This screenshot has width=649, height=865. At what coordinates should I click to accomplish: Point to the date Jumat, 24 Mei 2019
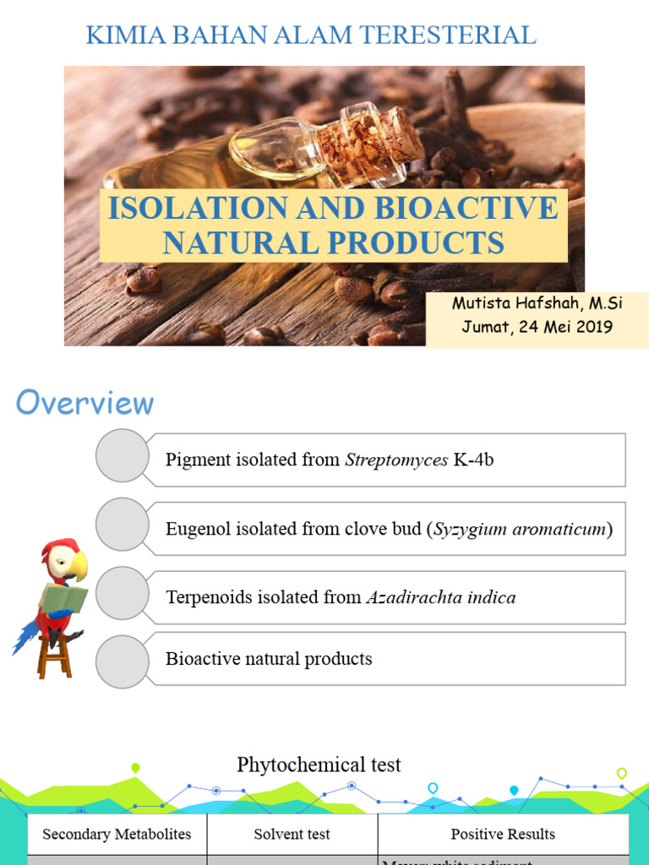point(537,328)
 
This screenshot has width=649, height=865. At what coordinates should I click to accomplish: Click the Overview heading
point(85,403)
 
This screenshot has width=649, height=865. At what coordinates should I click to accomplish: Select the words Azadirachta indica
point(440,598)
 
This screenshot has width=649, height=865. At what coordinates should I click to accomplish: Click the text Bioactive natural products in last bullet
point(269,659)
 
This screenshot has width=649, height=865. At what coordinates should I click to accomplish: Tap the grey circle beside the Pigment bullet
point(122,456)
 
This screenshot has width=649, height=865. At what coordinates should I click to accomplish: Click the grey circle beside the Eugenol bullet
point(122,525)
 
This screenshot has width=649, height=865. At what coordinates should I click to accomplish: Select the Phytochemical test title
point(319,765)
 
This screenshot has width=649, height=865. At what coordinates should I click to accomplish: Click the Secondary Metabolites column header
point(117,835)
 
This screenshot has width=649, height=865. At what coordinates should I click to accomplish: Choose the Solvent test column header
point(292,835)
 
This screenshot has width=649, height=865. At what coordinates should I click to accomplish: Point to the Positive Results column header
point(503,835)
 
